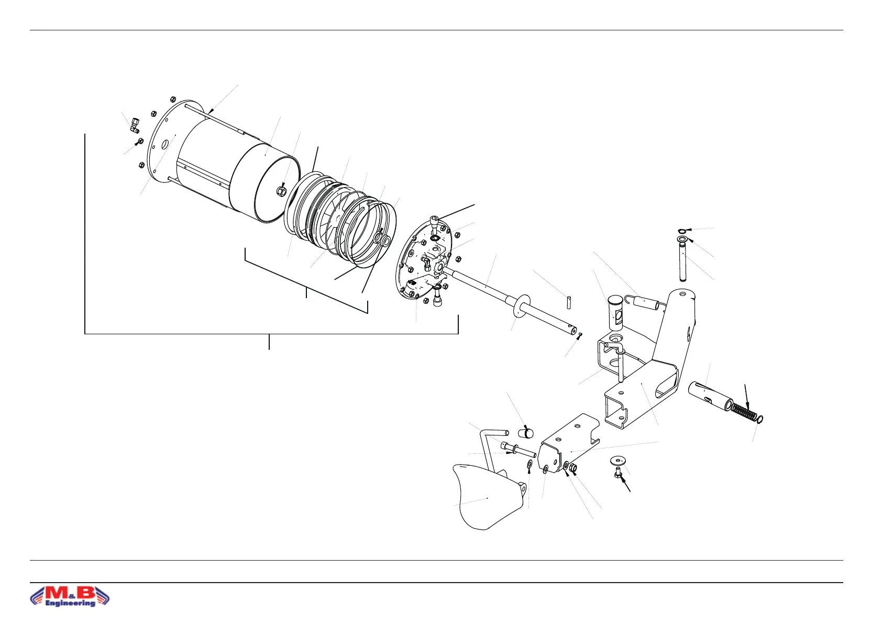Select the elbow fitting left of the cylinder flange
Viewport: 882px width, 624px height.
[x=134, y=124]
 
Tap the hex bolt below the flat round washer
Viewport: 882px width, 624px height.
[x=619, y=474]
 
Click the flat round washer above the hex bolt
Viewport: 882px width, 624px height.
[x=618, y=461]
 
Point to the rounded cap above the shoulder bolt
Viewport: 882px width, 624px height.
[x=526, y=432]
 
